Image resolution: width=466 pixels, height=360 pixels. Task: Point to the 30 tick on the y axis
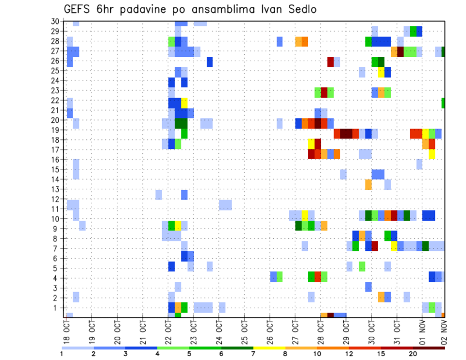[55, 21]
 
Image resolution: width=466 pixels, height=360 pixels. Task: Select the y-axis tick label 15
[55, 169]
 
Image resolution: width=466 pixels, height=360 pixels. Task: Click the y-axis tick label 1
[56, 307]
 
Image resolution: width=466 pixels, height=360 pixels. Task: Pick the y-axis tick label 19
[55, 130]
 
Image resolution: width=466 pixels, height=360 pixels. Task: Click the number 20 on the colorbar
[413, 353]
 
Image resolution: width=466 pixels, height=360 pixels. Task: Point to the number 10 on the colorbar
[317, 353]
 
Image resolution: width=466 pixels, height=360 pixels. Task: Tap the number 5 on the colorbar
[189, 353]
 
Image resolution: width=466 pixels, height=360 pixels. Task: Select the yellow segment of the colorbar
[269, 348]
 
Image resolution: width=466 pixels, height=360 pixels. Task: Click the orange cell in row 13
[368, 184]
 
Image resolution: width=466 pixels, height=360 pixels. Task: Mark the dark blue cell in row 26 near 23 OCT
[210, 62]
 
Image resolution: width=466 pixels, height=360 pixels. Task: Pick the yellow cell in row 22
[184, 103]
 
